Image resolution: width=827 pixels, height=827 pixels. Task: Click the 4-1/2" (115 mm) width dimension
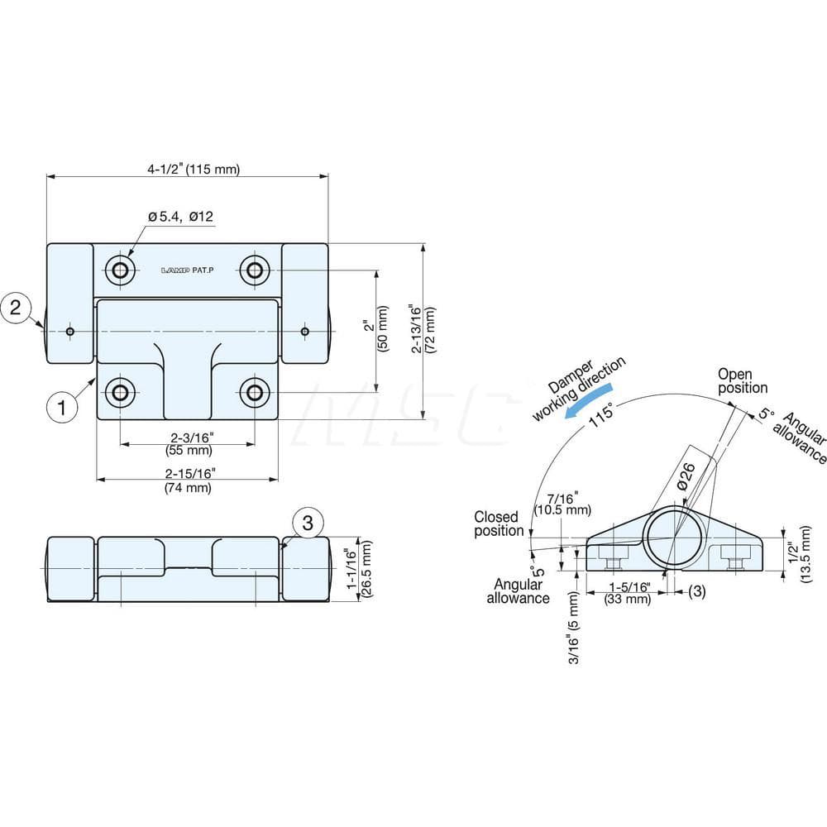click(x=194, y=170)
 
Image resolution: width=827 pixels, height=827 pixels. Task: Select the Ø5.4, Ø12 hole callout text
click(x=181, y=217)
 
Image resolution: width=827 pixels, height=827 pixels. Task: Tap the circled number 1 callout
click(x=63, y=406)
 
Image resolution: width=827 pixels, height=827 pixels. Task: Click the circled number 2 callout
click(x=17, y=308)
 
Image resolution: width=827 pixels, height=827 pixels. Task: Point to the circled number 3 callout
click(x=308, y=522)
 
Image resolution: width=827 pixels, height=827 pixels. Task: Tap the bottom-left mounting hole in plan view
click(x=122, y=392)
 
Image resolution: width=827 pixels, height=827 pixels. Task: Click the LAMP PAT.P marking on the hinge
click(x=188, y=270)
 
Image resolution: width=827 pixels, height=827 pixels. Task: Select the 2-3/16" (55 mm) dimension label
click(x=188, y=444)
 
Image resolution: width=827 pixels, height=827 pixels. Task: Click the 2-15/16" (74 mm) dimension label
click(x=188, y=481)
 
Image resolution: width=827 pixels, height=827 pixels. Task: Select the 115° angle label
click(x=602, y=417)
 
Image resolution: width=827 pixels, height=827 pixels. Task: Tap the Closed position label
click(x=499, y=523)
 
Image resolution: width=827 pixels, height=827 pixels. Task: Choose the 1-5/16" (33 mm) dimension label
click(x=627, y=592)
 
